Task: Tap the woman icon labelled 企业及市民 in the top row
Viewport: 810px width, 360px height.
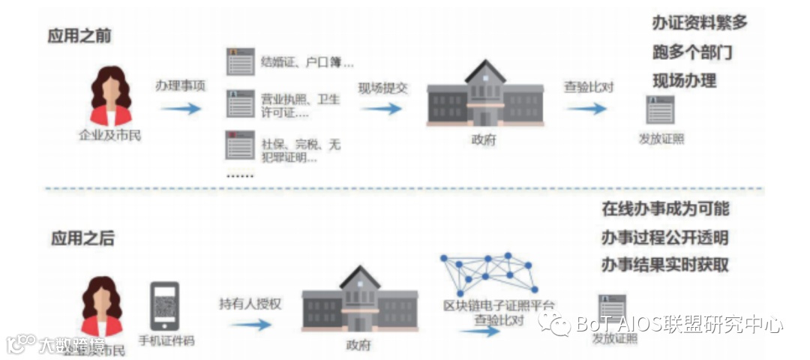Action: click(109, 97)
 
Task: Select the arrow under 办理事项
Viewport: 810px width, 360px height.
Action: click(181, 109)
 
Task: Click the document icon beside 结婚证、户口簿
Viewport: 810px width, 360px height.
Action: click(240, 61)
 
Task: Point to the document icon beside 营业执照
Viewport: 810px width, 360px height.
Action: click(240, 103)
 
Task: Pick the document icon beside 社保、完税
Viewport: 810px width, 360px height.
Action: click(240, 145)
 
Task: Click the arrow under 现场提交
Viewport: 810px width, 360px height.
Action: click(383, 109)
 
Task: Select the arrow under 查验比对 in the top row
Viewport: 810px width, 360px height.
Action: click(586, 109)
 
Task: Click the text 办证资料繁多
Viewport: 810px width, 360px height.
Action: click(699, 22)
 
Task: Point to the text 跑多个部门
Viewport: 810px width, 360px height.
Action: click(691, 52)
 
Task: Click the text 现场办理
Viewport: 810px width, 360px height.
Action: click(684, 80)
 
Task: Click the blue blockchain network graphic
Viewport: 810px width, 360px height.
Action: click(488, 273)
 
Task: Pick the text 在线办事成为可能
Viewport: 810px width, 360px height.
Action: click(665, 209)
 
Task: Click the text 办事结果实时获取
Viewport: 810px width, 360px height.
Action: click(665, 265)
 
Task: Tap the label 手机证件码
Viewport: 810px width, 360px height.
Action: click(166, 340)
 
